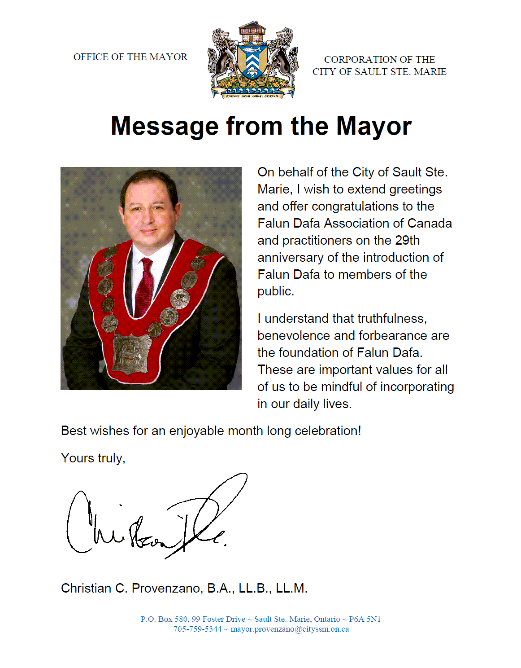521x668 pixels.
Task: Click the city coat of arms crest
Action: tap(253, 60)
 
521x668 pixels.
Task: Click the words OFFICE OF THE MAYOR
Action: tap(130, 57)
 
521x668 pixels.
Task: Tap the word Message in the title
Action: tap(164, 126)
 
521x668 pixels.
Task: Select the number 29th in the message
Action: tap(407, 241)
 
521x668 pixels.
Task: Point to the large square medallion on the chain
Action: tap(131, 354)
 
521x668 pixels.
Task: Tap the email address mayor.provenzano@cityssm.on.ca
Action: tap(290, 629)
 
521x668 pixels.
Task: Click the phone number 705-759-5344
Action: tap(197, 629)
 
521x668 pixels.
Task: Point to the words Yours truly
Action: tap(93, 458)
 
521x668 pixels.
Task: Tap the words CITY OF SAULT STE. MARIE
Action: tap(379, 72)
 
